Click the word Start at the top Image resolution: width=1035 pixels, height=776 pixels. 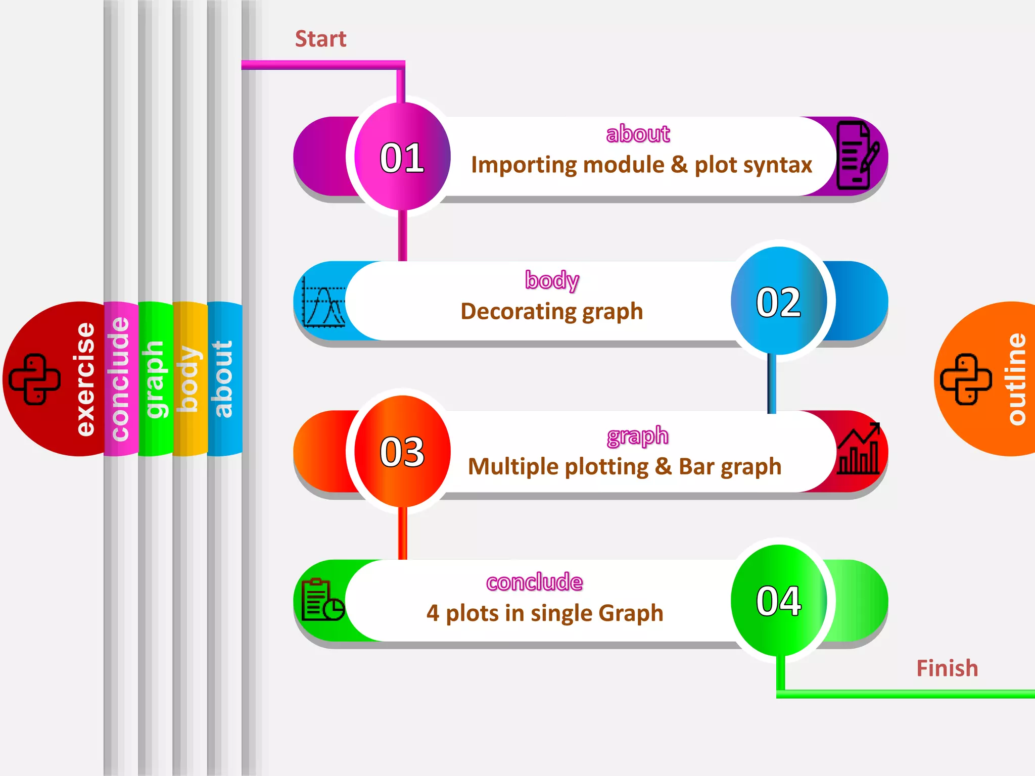click(320, 39)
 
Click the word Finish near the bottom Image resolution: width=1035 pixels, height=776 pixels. click(947, 668)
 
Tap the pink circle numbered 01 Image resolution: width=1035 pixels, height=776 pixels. click(402, 157)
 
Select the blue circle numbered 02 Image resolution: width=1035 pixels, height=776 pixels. click(778, 302)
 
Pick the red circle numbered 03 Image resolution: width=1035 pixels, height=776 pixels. click(402, 451)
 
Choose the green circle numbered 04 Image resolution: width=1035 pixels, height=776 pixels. click(778, 600)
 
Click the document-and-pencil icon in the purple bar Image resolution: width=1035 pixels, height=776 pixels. click(857, 156)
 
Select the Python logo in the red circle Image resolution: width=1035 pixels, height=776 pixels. click(35, 379)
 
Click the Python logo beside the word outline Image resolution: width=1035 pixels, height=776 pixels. click(965, 379)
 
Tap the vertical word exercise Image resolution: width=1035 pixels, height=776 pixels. click(84, 379)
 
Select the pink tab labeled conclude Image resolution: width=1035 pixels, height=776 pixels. click(120, 379)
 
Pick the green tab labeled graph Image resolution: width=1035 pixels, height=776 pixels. click(154, 379)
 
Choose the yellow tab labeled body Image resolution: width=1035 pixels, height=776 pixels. click(189, 379)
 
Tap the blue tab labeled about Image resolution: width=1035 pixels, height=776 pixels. click(223, 379)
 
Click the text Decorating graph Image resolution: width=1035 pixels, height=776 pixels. click(551, 311)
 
